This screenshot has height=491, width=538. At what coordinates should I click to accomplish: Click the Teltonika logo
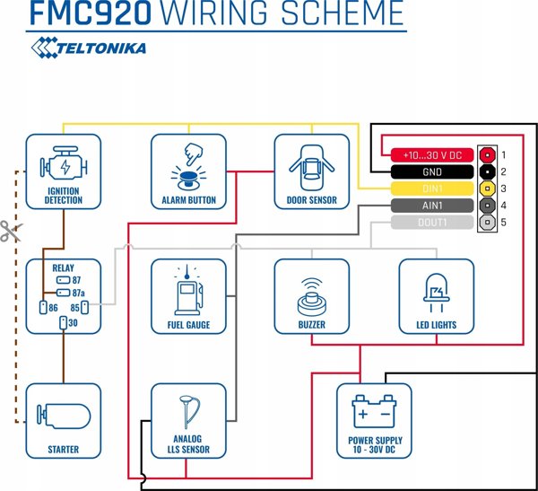[89, 48]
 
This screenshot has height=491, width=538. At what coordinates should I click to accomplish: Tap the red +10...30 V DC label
[432, 155]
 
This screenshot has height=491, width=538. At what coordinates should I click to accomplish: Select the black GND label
[432, 171]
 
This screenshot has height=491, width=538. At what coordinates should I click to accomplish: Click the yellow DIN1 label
[432, 189]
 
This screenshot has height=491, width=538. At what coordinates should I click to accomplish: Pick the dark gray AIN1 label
[432, 206]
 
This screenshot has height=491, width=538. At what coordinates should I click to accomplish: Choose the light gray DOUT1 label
[432, 223]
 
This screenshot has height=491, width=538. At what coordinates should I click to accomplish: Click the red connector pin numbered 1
[487, 155]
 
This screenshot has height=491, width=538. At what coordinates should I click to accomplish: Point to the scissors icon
[11, 231]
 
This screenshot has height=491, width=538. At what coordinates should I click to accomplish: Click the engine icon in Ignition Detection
[64, 163]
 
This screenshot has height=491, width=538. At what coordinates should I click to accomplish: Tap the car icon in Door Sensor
[311, 168]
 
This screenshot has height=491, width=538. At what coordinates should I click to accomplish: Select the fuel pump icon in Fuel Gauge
[188, 290]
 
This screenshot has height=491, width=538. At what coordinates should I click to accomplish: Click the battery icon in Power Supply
[374, 411]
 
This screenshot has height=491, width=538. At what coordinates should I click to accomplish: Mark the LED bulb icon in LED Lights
[437, 293]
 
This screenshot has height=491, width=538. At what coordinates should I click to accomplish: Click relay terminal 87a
[63, 293]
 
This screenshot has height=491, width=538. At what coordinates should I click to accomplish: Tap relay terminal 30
[64, 323]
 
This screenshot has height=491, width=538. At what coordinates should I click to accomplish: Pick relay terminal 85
[84, 308]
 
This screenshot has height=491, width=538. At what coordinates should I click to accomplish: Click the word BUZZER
[311, 325]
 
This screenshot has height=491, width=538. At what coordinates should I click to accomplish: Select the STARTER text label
[64, 450]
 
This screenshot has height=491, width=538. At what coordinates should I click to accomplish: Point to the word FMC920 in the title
[91, 13]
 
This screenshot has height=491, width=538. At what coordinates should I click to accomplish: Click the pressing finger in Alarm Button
[194, 153]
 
